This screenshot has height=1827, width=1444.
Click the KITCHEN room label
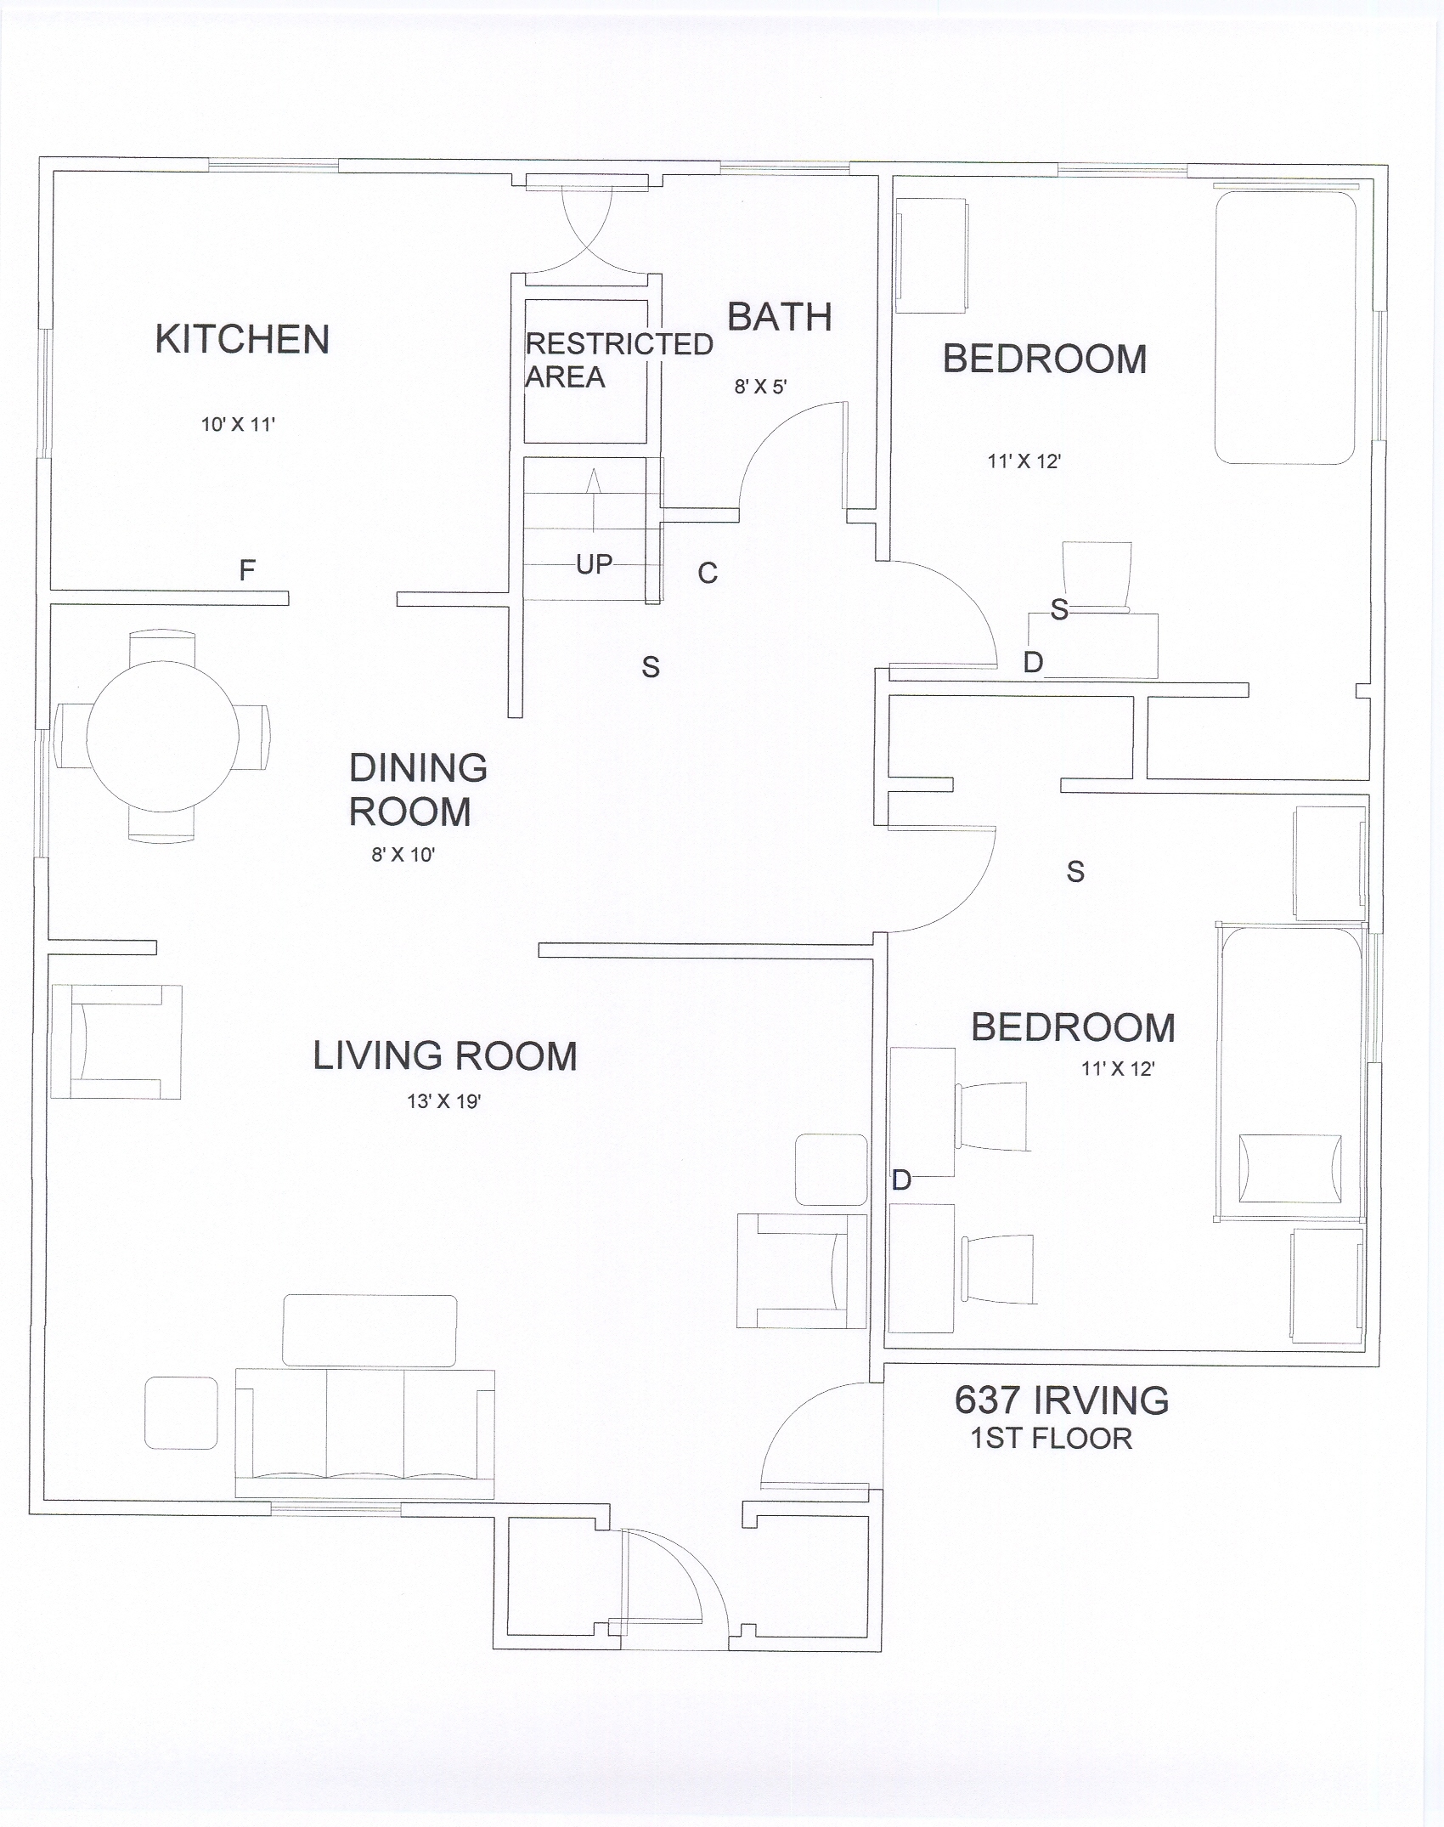242,340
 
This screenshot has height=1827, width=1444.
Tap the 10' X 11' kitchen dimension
238,424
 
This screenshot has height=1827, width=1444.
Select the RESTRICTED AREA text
618,360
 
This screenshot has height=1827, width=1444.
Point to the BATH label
780,318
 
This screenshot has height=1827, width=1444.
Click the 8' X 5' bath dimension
760,387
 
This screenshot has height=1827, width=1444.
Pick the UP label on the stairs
594,564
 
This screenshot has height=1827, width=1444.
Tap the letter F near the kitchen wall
247,570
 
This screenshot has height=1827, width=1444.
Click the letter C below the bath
708,574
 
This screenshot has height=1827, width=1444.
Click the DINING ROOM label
418,790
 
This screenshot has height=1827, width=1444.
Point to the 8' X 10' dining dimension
403,855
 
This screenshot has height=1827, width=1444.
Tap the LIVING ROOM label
445,1056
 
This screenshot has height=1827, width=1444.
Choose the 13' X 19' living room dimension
443,1102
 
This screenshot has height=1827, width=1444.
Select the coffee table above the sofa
369,1331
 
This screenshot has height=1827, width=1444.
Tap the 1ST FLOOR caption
1052,1439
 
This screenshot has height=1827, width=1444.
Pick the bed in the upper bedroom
1284,327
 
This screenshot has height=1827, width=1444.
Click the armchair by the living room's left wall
116,1042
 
